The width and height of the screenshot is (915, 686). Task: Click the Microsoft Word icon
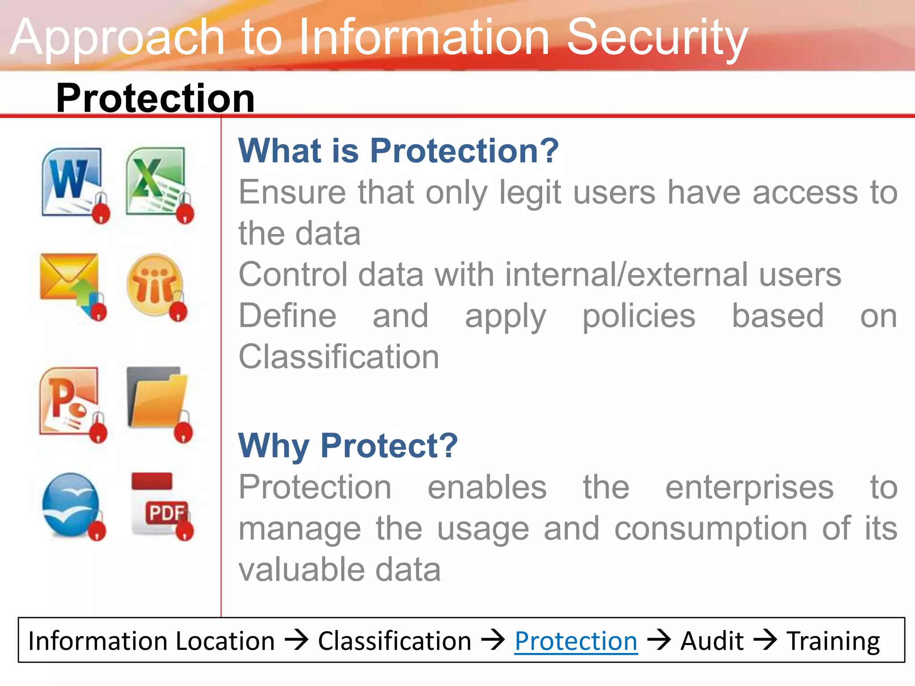coord(73,183)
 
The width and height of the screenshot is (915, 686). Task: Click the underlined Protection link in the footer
coord(575,641)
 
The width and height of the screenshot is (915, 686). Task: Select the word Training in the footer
coord(833,641)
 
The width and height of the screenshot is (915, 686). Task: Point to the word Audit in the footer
coord(712,641)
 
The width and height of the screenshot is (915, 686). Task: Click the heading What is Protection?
coord(398,151)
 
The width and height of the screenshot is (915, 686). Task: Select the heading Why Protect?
coord(348,446)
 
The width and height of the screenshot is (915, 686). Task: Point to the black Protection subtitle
coord(155,98)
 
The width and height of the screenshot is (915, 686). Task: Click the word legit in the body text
coord(530,193)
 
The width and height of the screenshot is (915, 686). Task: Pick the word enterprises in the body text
coord(749,488)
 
